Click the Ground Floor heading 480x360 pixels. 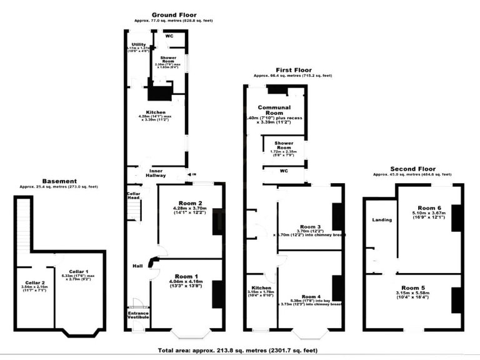point(174,14)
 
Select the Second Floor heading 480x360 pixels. point(412,169)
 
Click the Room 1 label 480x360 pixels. point(187,276)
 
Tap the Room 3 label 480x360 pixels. point(311,226)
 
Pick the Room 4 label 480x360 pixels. point(311,296)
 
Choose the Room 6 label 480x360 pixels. point(429,207)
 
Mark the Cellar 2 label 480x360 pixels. point(35,282)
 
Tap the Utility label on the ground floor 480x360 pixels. point(138,44)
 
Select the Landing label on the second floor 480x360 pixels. point(382,220)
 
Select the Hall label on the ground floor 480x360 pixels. point(137,266)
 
